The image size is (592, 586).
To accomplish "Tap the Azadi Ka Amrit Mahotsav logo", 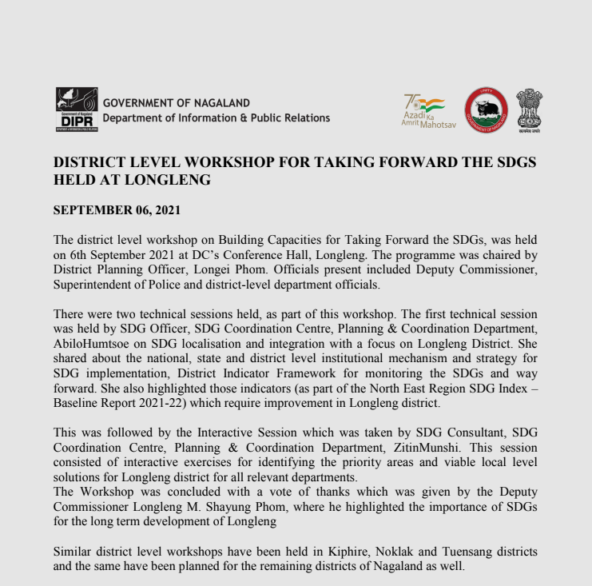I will pos(423,110).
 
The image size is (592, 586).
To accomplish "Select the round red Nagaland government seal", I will pos(486,110).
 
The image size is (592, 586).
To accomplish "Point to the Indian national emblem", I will pos(528,110).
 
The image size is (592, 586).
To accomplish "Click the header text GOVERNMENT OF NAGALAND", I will pos(176,103).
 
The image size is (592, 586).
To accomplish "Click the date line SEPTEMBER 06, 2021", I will pos(117,210).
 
